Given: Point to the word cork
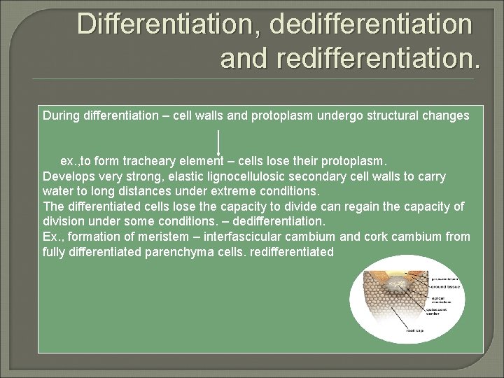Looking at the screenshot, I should (389, 237).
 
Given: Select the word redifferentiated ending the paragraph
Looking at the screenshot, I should (290, 252).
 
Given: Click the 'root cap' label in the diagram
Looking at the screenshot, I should (415, 330).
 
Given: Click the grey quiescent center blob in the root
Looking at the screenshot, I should (397, 283).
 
